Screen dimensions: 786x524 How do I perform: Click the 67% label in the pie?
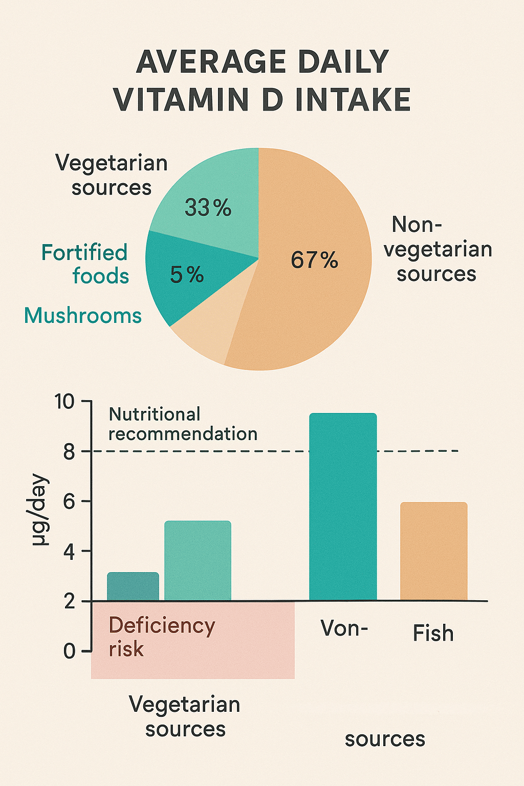click(314, 260)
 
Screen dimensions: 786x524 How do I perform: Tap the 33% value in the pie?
click(208, 208)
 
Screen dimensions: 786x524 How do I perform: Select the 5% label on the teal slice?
click(187, 275)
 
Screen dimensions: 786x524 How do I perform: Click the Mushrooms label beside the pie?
click(83, 316)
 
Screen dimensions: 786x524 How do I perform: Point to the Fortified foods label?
click(85, 264)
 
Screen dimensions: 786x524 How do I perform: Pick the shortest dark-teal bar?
click(133, 586)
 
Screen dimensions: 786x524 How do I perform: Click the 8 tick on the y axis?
click(69, 452)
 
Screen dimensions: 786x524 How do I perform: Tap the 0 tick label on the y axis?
click(69, 651)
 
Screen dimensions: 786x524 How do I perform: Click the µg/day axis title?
click(40, 511)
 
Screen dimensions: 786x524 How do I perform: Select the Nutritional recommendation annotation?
click(183, 424)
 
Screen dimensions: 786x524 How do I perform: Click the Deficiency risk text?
click(161, 637)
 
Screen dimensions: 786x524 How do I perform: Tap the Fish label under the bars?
click(433, 634)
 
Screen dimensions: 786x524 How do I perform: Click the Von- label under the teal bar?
click(344, 628)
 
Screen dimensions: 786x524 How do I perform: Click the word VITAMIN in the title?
click(182, 99)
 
